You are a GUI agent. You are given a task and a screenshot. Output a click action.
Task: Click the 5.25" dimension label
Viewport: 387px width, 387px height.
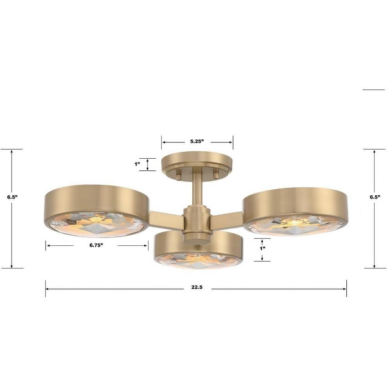[x=197, y=141]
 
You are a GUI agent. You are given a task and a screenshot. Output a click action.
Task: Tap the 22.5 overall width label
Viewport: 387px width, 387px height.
[x=197, y=287]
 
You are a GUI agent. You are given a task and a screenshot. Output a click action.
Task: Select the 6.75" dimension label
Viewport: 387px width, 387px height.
[x=96, y=245]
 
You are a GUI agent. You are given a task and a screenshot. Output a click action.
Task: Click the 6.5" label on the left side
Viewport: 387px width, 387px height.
[x=12, y=197]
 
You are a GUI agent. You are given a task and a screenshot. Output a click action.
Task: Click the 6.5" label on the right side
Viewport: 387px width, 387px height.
[x=375, y=197]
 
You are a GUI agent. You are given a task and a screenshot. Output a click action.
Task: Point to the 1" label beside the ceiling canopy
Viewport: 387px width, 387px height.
[x=137, y=164]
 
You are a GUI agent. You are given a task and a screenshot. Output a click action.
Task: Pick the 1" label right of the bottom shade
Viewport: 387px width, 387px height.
[x=262, y=248]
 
